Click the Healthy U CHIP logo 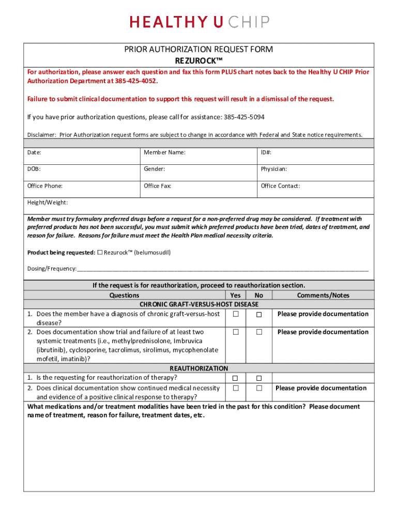[199, 22]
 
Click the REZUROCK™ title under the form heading [198, 60]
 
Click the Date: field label [34, 152]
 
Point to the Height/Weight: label [48, 203]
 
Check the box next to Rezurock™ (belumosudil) [100, 253]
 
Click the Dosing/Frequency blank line [222, 269]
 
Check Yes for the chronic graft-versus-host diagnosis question [236, 314]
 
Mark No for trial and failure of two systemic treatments [259, 332]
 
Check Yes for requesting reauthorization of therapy [236, 378]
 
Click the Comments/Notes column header [323, 295]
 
